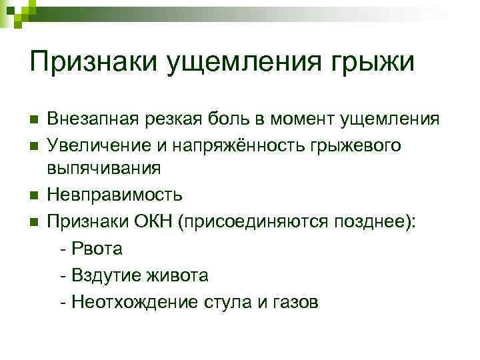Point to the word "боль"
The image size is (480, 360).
pyautogui.click(x=229, y=119)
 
